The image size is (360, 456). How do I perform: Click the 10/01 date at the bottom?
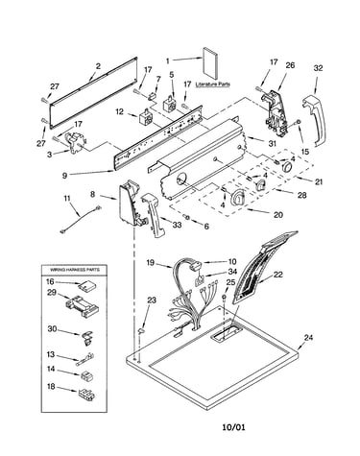point(234,426)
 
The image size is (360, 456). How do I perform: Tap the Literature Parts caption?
point(212,84)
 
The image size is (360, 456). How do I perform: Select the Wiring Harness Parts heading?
point(74,270)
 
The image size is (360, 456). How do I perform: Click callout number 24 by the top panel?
point(308,337)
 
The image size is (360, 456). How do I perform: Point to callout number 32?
point(318,68)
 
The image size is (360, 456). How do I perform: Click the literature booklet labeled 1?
point(211,63)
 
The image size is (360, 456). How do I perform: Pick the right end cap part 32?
point(314,120)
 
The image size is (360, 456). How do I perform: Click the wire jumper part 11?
point(80,220)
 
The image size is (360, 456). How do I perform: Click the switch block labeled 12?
point(146,117)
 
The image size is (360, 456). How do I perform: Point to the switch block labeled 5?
point(170,103)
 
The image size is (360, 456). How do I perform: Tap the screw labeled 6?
point(188,218)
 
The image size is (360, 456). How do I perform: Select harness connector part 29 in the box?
point(82,306)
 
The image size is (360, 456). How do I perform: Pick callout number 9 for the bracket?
point(65,175)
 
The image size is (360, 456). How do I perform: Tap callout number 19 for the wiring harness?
point(151,263)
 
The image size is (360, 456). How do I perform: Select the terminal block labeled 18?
point(86,394)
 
